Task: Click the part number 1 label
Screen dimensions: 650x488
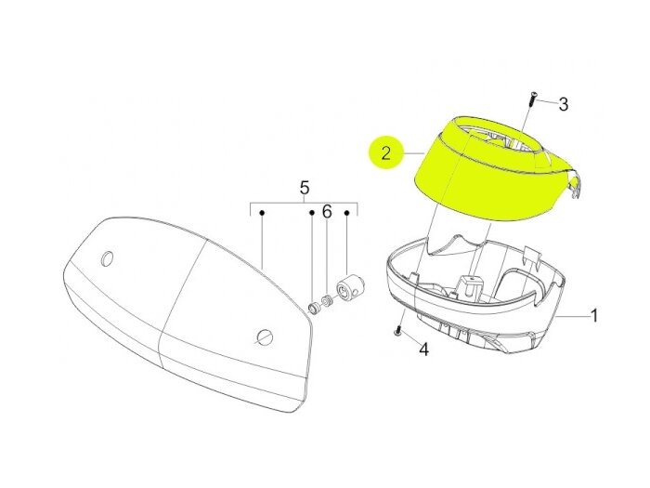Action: (594, 316)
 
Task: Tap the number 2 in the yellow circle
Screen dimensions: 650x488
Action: (386, 153)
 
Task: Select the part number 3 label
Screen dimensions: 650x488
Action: (564, 104)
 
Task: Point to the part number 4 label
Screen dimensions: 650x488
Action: (423, 349)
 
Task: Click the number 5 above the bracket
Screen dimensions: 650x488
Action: (305, 188)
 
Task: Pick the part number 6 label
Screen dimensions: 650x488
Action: (327, 212)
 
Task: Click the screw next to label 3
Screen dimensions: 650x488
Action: (532, 99)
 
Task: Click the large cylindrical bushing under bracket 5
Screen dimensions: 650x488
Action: (348, 290)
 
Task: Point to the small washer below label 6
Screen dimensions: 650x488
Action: (328, 300)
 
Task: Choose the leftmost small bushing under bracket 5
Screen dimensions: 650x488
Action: (315, 309)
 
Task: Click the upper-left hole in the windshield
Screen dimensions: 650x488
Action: (108, 258)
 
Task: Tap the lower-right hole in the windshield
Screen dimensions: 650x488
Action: (264, 336)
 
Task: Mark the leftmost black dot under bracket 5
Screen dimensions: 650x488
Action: (262, 213)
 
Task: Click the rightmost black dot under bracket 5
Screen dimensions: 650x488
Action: (347, 213)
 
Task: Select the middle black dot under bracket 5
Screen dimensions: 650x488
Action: (312, 213)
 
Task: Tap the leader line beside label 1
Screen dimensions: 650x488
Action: (573, 316)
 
